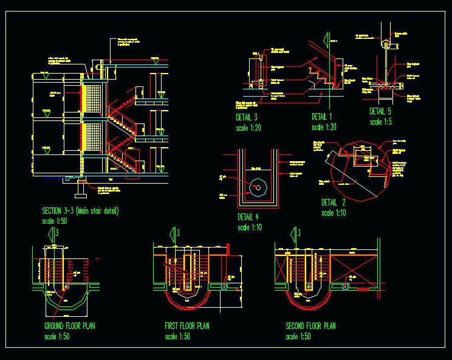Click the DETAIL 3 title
247,117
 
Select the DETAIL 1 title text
322,117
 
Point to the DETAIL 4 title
248,216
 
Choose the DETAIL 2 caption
333,202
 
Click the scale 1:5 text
380,122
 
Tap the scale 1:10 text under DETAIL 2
334,213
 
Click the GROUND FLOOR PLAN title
70,326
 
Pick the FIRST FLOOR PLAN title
187,326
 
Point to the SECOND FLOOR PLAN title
310,326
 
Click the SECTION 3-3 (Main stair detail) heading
80,211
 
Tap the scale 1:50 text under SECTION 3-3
55,222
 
